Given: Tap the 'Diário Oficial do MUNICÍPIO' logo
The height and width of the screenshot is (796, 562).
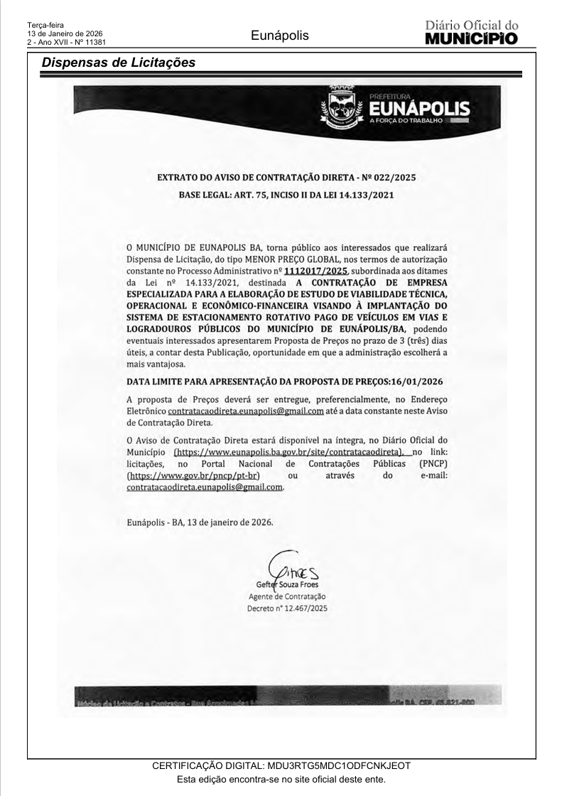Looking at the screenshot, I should tap(471, 32).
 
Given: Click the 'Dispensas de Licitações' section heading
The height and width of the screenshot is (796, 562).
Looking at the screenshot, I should tap(118, 63).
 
